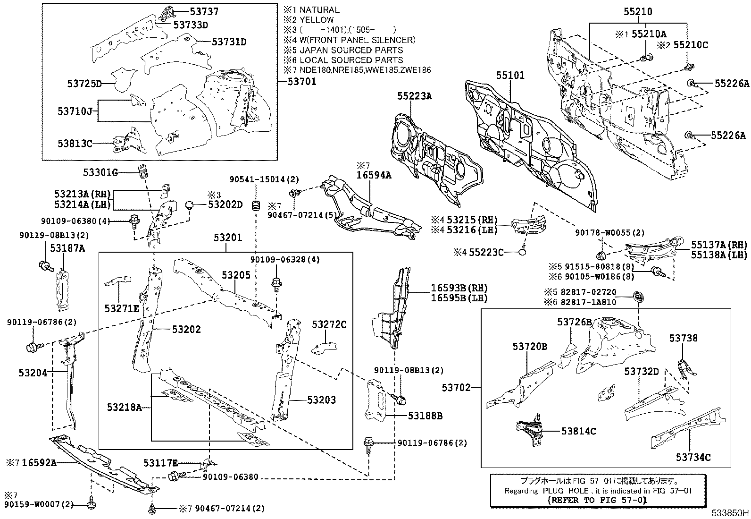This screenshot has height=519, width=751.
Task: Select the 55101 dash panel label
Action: [x=510, y=75]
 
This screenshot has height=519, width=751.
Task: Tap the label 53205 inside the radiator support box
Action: [x=236, y=275]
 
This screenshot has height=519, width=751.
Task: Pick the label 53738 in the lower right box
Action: [x=683, y=338]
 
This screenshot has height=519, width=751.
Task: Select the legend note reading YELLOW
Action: [x=316, y=20]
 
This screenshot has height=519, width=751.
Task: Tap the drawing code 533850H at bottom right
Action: [x=730, y=512]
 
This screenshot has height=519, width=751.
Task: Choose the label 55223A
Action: [x=414, y=96]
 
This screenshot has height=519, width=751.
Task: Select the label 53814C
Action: [x=578, y=431]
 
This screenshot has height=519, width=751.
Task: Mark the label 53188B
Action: [x=425, y=416]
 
